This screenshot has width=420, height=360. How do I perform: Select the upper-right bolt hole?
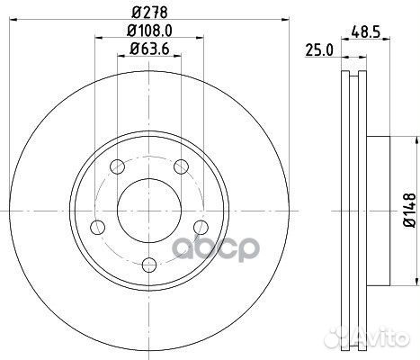point(180,166)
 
